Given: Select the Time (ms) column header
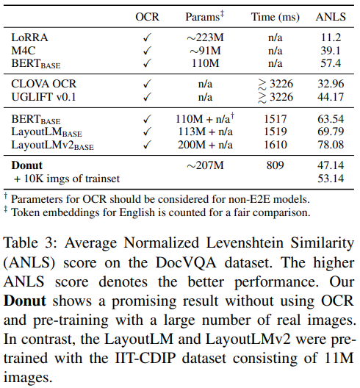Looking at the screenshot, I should [275, 15].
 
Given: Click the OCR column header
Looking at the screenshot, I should [147, 15].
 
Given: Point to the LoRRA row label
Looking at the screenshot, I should [29, 35].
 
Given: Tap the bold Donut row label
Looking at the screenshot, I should [27, 165].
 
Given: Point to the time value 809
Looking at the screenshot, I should [275, 165].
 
